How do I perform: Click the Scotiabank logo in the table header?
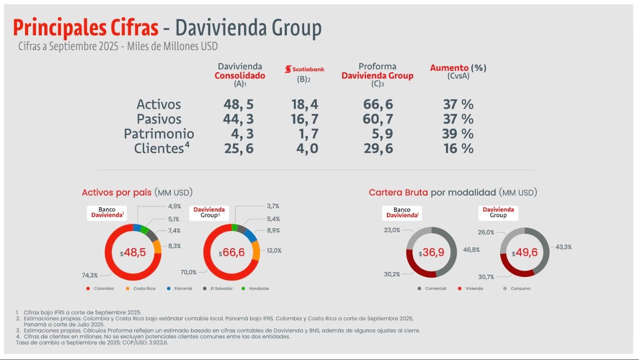point(305,69)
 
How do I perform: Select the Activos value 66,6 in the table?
point(378,105)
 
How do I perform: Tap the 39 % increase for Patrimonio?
point(458,134)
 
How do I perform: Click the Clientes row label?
point(159,149)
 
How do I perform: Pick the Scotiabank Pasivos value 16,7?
point(305,119)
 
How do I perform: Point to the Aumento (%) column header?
point(458,68)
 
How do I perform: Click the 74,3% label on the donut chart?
point(89,275)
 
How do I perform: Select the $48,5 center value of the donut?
point(133,253)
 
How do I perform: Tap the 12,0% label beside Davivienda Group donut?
point(274,251)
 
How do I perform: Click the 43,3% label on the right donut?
point(563,247)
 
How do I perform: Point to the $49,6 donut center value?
point(525,253)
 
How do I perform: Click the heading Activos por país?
point(118,193)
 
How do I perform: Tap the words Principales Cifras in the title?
point(86,28)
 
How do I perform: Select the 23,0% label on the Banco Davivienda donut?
point(392,230)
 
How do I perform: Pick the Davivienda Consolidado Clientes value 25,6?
point(239,149)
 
